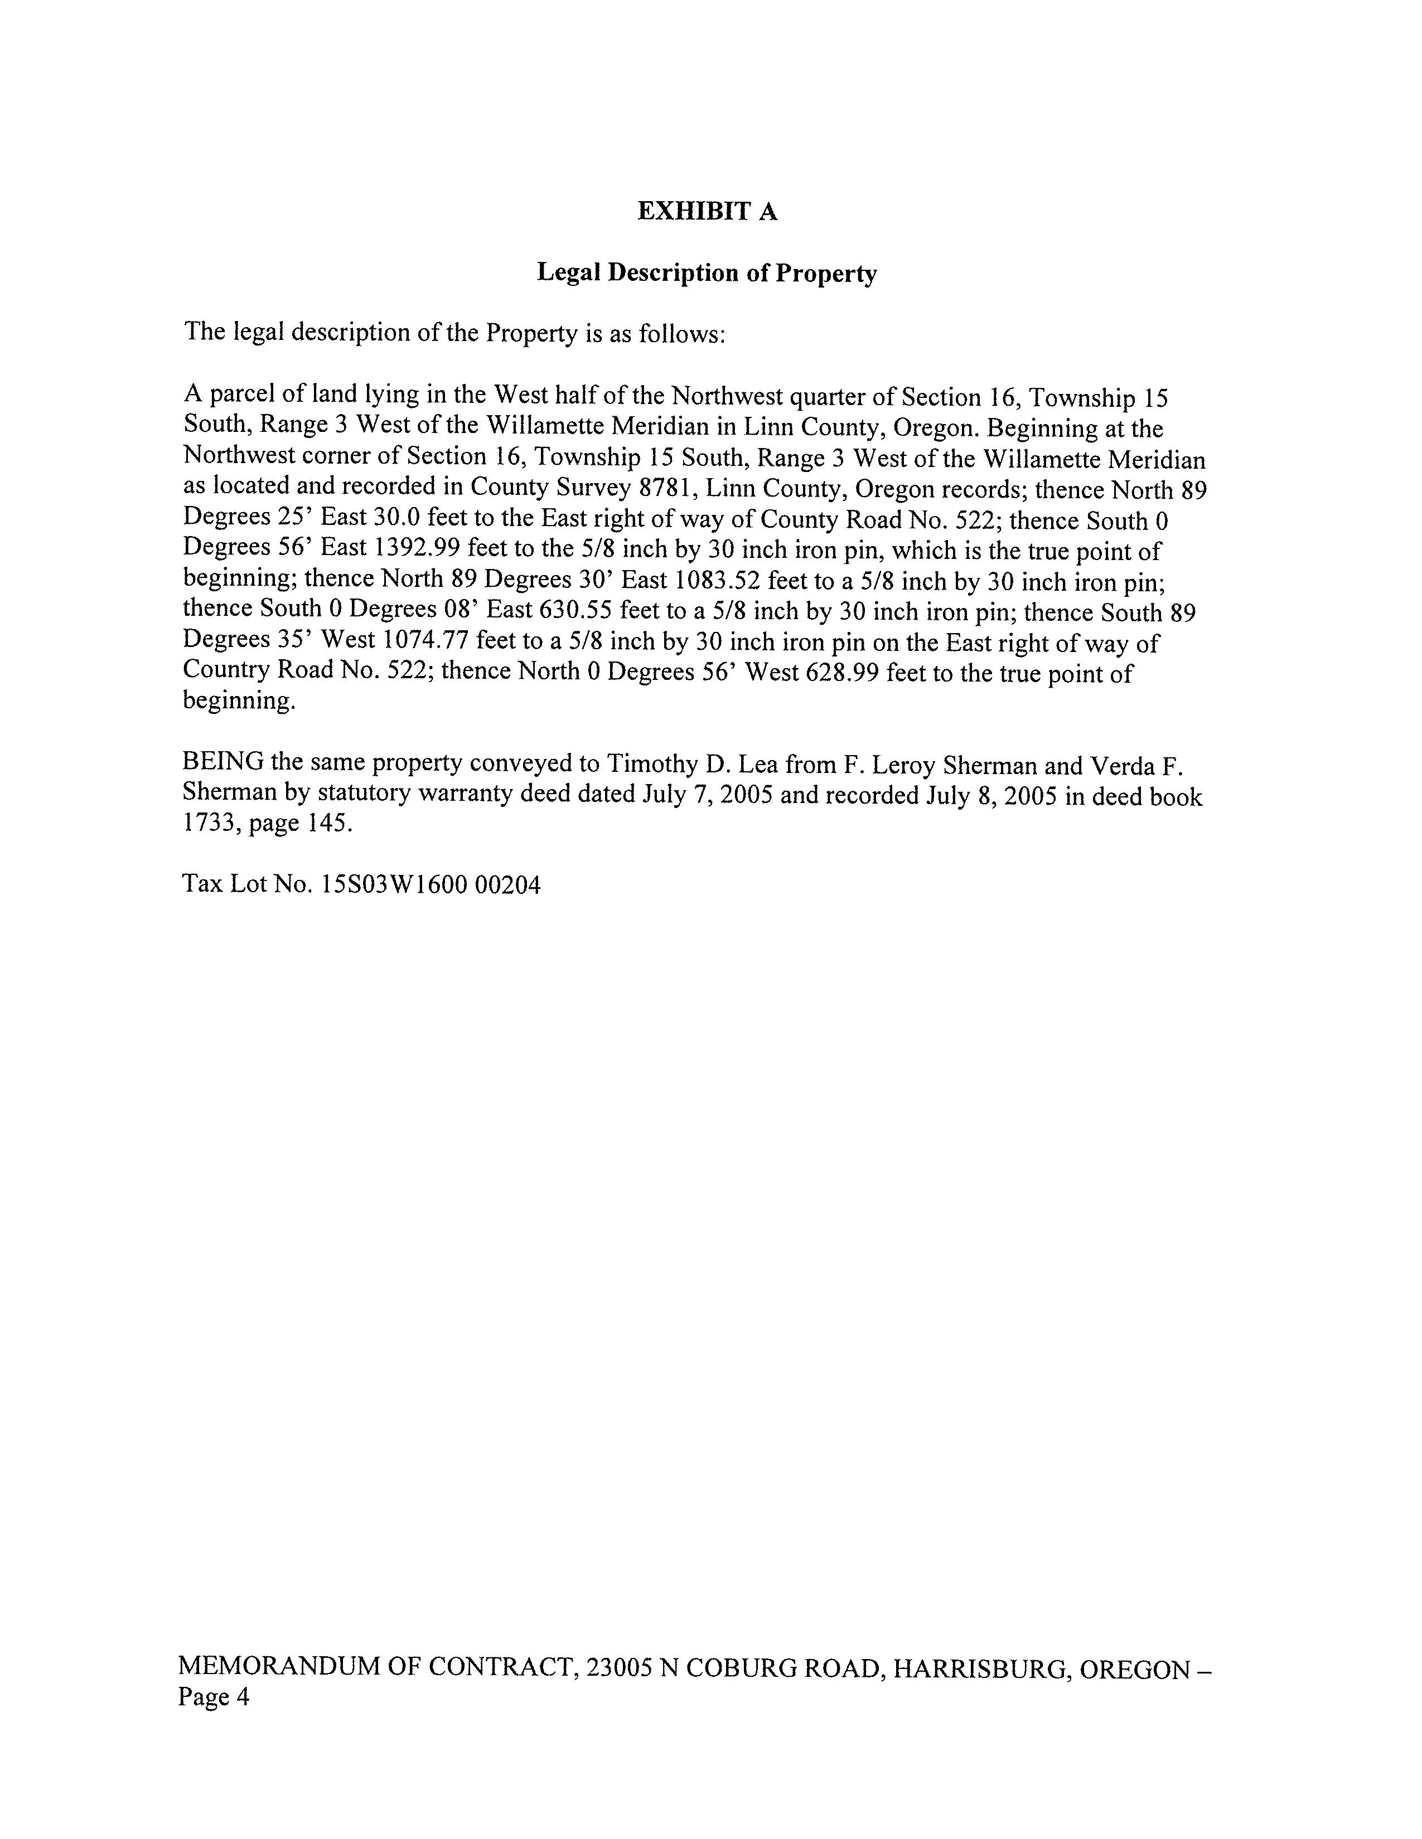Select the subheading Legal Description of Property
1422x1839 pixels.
click(x=707, y=273)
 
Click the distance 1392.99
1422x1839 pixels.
click(x=418, y=548)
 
